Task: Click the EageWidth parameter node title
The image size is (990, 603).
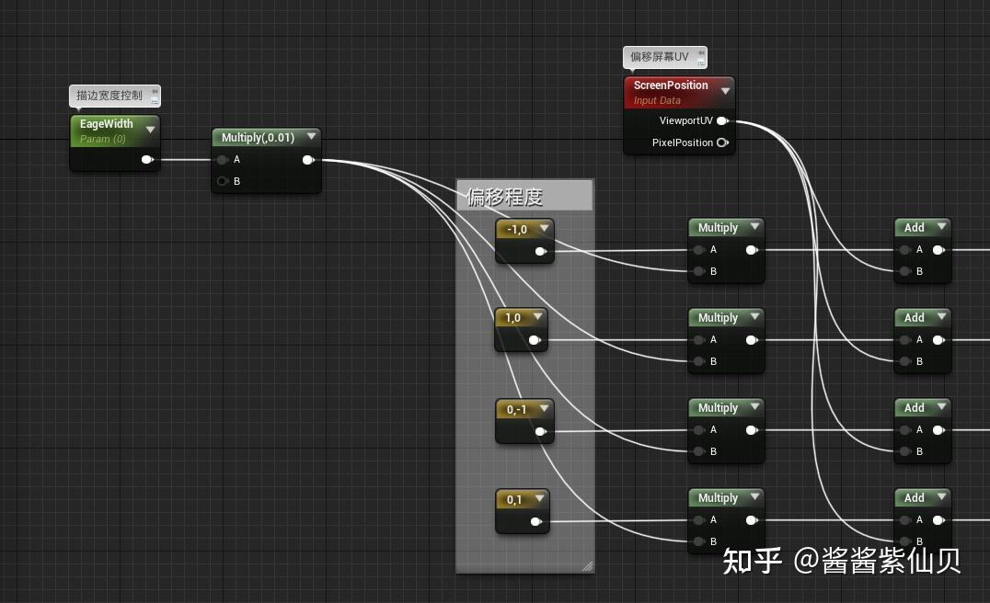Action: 107,124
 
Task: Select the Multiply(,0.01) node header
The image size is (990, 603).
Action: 258,137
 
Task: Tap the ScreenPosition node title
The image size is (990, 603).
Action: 671,85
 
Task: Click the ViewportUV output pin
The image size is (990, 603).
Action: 722,120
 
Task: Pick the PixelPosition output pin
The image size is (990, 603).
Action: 722,142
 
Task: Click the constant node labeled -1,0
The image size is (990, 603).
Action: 517,230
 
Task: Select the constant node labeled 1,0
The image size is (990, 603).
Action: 513,318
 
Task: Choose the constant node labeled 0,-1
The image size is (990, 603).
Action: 517,409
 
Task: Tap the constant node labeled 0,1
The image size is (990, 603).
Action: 514,500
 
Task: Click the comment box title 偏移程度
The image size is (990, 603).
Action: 505,197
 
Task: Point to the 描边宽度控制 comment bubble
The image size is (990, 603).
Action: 109,96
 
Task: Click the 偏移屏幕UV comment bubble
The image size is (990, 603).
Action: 660,57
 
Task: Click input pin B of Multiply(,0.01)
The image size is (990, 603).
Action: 223,181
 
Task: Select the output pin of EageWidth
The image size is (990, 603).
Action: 146,160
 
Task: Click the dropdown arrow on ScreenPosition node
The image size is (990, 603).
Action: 725,90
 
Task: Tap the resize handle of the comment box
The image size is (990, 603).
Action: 587,565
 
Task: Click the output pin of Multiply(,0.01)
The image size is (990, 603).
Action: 307,160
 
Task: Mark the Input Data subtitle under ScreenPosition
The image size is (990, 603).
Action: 657,101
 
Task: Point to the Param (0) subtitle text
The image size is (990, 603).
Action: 103,139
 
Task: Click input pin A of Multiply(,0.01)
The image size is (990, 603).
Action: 223,160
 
